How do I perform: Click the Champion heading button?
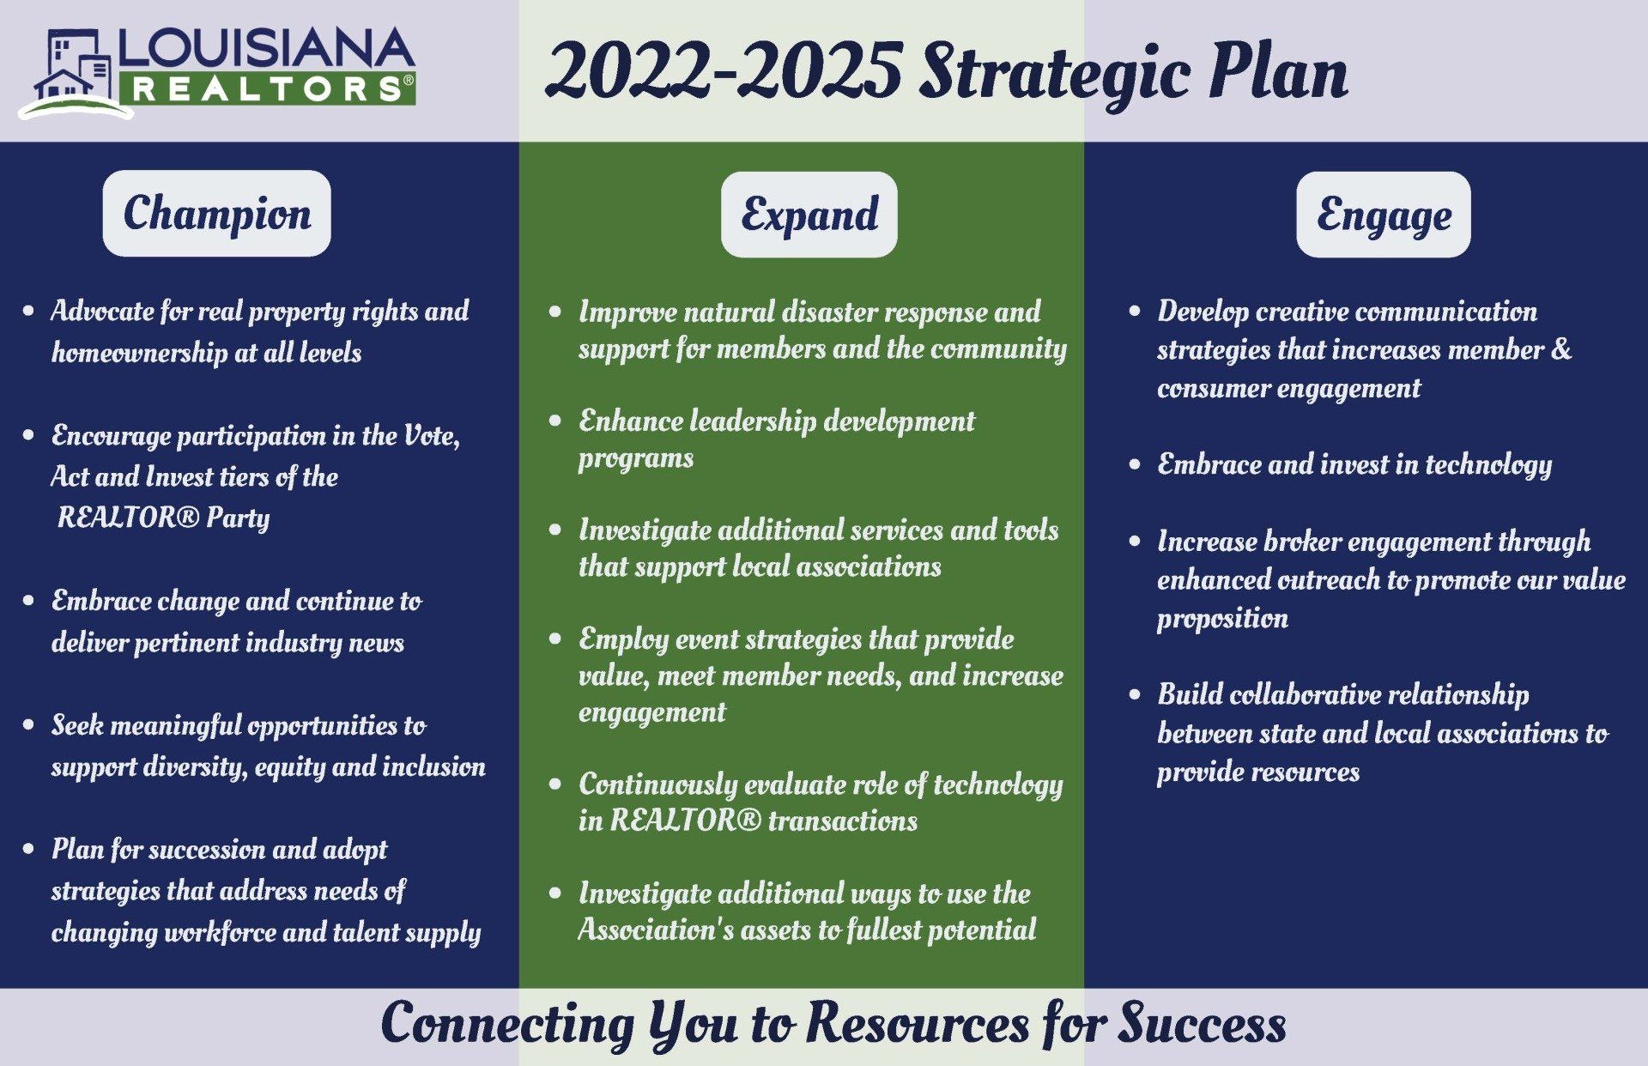pos(216,213)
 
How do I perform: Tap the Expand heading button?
pos(809,214)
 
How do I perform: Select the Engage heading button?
pos(1383,214)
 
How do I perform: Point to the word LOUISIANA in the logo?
pos(267,51)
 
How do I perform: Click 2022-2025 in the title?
pos(724,71)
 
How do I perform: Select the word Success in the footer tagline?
pos(1202,1023)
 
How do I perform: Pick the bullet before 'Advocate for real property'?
pos(29,311)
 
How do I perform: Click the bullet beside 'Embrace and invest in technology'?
pos(1135,464)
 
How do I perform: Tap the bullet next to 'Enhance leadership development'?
pos(555,421)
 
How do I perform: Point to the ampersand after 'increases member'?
pos(1562,349)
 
